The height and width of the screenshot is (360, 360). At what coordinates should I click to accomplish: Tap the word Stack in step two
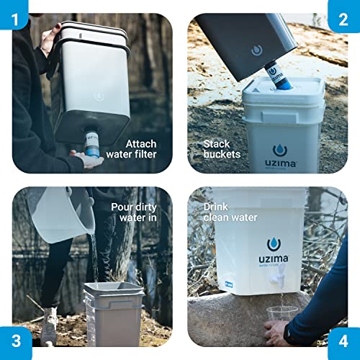(x=217, y=143)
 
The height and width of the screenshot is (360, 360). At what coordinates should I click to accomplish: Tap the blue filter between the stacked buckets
(x=274, y=75)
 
